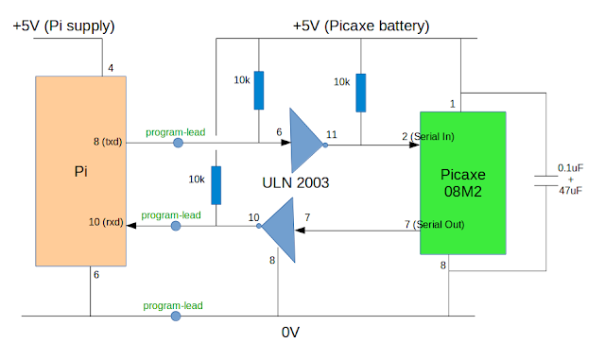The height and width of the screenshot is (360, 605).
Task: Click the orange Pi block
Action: point(80,171)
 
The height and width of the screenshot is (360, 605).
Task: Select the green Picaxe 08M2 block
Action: point(463,183)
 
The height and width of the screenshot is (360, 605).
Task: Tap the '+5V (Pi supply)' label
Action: point(63,26)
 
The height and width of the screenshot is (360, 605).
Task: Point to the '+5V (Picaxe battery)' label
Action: point(361,26)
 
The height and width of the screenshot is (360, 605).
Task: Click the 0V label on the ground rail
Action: point(290,333)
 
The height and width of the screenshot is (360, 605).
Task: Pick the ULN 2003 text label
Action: point(296,182)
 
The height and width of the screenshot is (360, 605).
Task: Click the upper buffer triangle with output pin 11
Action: point(306,141)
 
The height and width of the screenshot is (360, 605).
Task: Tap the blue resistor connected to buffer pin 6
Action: point(259,91)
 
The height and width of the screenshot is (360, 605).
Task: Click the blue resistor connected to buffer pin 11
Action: point(361,93)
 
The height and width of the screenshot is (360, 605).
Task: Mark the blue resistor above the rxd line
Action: point(216,185)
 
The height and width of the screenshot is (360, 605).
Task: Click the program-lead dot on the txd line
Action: point(178,143)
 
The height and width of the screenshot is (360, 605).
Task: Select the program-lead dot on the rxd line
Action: point(176,226)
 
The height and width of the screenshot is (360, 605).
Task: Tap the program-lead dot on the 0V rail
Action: point(176,317)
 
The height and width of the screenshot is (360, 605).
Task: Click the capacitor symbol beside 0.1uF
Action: point(546,180)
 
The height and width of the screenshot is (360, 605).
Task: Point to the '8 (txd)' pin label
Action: point(108,142)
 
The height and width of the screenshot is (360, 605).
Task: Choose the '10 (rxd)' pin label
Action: point(106,222)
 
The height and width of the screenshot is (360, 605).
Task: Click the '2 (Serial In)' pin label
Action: point(428,136)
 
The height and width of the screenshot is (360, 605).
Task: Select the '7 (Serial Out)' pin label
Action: point(434,224)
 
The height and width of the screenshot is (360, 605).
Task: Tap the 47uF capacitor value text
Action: point(571,190)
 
